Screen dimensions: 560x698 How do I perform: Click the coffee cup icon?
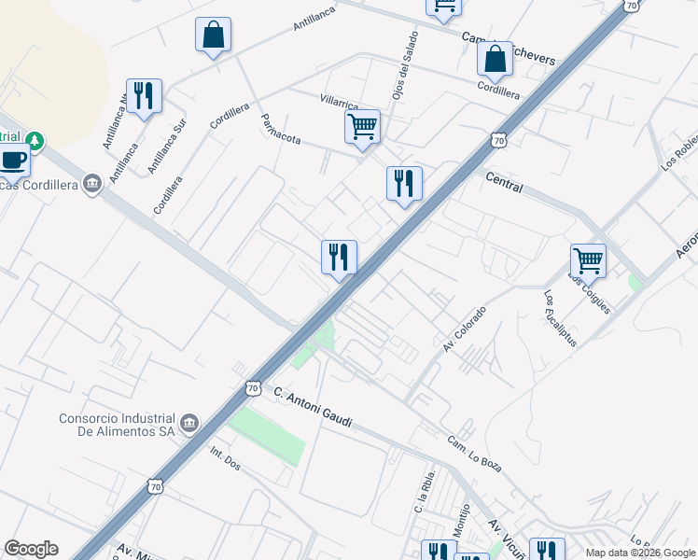tap(13, 161)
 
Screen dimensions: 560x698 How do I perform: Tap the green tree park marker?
tap(35, 141)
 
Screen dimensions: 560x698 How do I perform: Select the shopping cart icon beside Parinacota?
tap(362, 126)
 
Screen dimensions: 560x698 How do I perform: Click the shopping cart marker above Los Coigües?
tap(588, 260)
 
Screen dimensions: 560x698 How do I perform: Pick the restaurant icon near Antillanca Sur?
tap(144, 95)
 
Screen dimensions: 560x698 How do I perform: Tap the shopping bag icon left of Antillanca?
tap(213, 35)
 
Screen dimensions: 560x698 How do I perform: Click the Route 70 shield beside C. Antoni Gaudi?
tap(253, 387)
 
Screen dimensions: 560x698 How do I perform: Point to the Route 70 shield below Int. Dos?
tap(155, 486)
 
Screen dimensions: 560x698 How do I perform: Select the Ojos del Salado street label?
tap(402, 79)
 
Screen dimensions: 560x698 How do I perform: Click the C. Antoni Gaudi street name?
tap(314, 408)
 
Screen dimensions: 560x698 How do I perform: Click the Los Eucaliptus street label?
tap(560, 318)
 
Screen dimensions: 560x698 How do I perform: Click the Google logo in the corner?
tap(31, 549)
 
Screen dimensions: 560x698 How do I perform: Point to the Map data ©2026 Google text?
tap(641, 553)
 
